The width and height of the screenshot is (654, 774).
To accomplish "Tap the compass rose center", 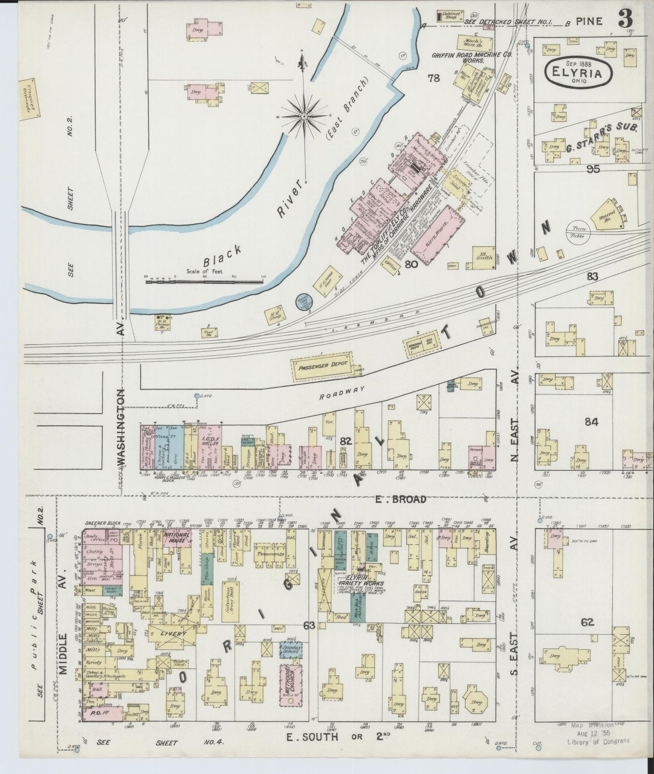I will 305,116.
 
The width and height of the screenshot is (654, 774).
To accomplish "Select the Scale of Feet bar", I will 204,282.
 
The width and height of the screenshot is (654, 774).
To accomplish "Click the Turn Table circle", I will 578,233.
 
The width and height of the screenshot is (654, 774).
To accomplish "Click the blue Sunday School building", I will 290,651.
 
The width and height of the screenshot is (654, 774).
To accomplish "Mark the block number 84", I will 591,422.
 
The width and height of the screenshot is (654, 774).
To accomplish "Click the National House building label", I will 176,537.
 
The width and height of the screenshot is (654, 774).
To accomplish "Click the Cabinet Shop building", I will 451,17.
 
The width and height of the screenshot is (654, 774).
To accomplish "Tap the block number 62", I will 587,623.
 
